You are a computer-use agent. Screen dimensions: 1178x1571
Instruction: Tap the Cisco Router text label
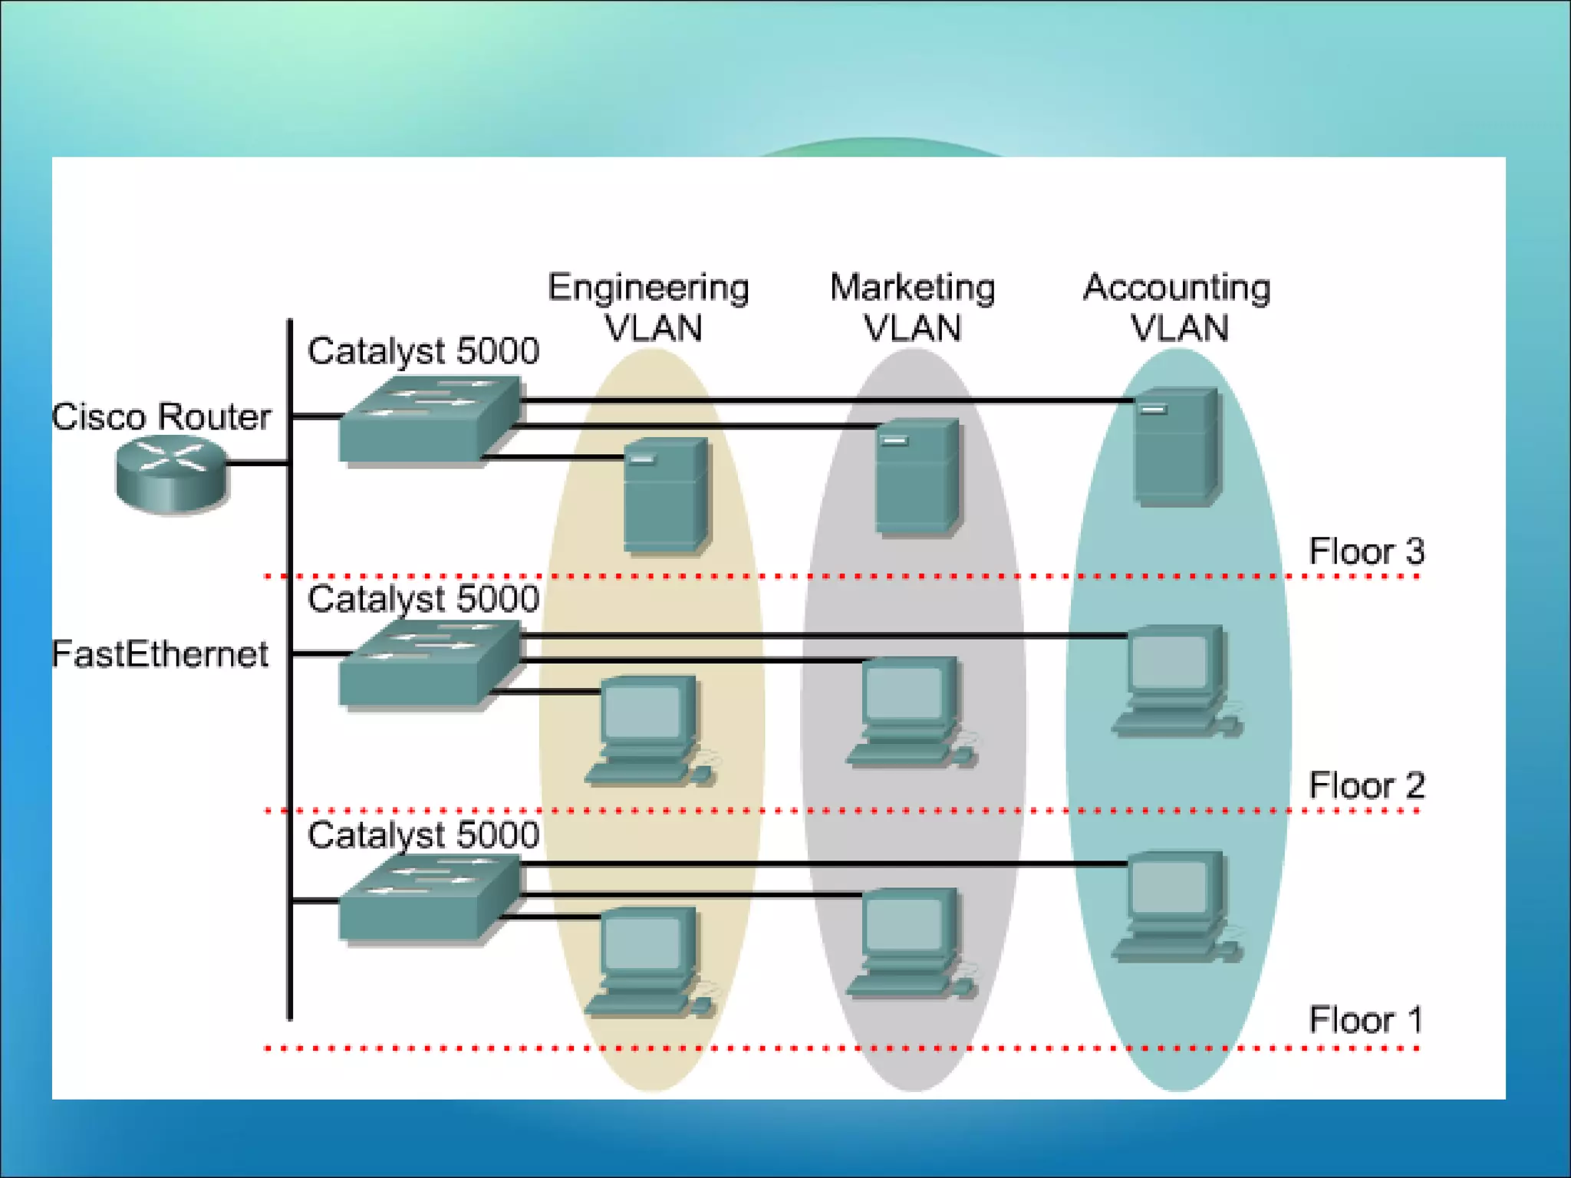pos(161,417)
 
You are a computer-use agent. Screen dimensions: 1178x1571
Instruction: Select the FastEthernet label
pos(160,654)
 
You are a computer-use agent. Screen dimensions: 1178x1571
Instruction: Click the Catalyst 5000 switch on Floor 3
pos(428,420)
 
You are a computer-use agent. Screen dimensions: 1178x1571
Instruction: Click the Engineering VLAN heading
pos(649,307)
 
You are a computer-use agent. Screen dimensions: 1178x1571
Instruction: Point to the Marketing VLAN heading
pos(912,307)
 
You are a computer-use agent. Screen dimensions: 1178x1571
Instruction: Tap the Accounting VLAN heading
pos(1177,307)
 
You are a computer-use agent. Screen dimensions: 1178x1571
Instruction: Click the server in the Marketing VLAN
pos(917,475)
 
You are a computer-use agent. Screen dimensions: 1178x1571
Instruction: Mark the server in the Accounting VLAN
pos(1176,446)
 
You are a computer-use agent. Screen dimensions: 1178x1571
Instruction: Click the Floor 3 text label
pos(1365,551)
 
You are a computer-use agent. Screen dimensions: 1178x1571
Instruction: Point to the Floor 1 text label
pos(1365,1020)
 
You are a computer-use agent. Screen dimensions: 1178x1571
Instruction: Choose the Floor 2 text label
pos(1365,785)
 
